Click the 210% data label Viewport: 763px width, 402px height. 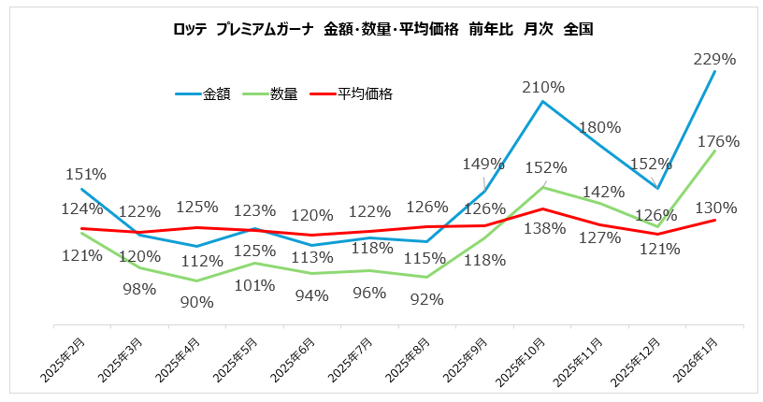click(543, 87)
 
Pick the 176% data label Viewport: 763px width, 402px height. click(718, 141)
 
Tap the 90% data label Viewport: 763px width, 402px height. click(197, 301)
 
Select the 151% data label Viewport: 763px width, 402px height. click(85, 173)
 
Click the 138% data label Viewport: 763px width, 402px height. click(545, 227)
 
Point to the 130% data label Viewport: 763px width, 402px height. click(716, 207)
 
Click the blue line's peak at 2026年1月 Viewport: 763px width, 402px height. click(715, 71)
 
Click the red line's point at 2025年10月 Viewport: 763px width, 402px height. click(543, 208)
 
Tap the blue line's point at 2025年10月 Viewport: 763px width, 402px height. click(543, 100)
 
